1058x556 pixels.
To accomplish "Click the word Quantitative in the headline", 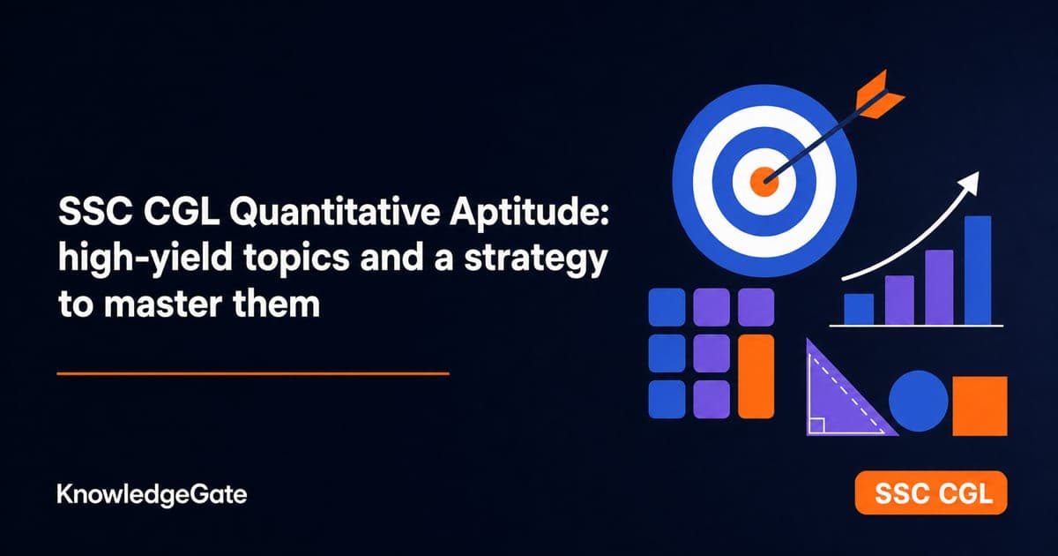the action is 335,213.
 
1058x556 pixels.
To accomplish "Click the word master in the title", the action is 163,304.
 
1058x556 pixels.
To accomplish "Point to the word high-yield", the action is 145,259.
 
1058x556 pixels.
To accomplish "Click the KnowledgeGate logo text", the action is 152,494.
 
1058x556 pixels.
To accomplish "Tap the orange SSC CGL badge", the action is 931,492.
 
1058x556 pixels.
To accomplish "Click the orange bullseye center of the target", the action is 764,181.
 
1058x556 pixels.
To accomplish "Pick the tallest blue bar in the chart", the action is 977,270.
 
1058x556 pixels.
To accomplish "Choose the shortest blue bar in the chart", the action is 859,309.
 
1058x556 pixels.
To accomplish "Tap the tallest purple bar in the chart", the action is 939,287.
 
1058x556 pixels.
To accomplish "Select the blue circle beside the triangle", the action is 918,401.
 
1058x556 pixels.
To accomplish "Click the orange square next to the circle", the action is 980,406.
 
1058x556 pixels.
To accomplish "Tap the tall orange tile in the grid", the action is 756,377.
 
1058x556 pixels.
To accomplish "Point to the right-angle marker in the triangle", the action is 817,425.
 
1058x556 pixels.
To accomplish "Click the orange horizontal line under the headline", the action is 253,373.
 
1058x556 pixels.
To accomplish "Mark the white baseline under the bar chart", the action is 916,326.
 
